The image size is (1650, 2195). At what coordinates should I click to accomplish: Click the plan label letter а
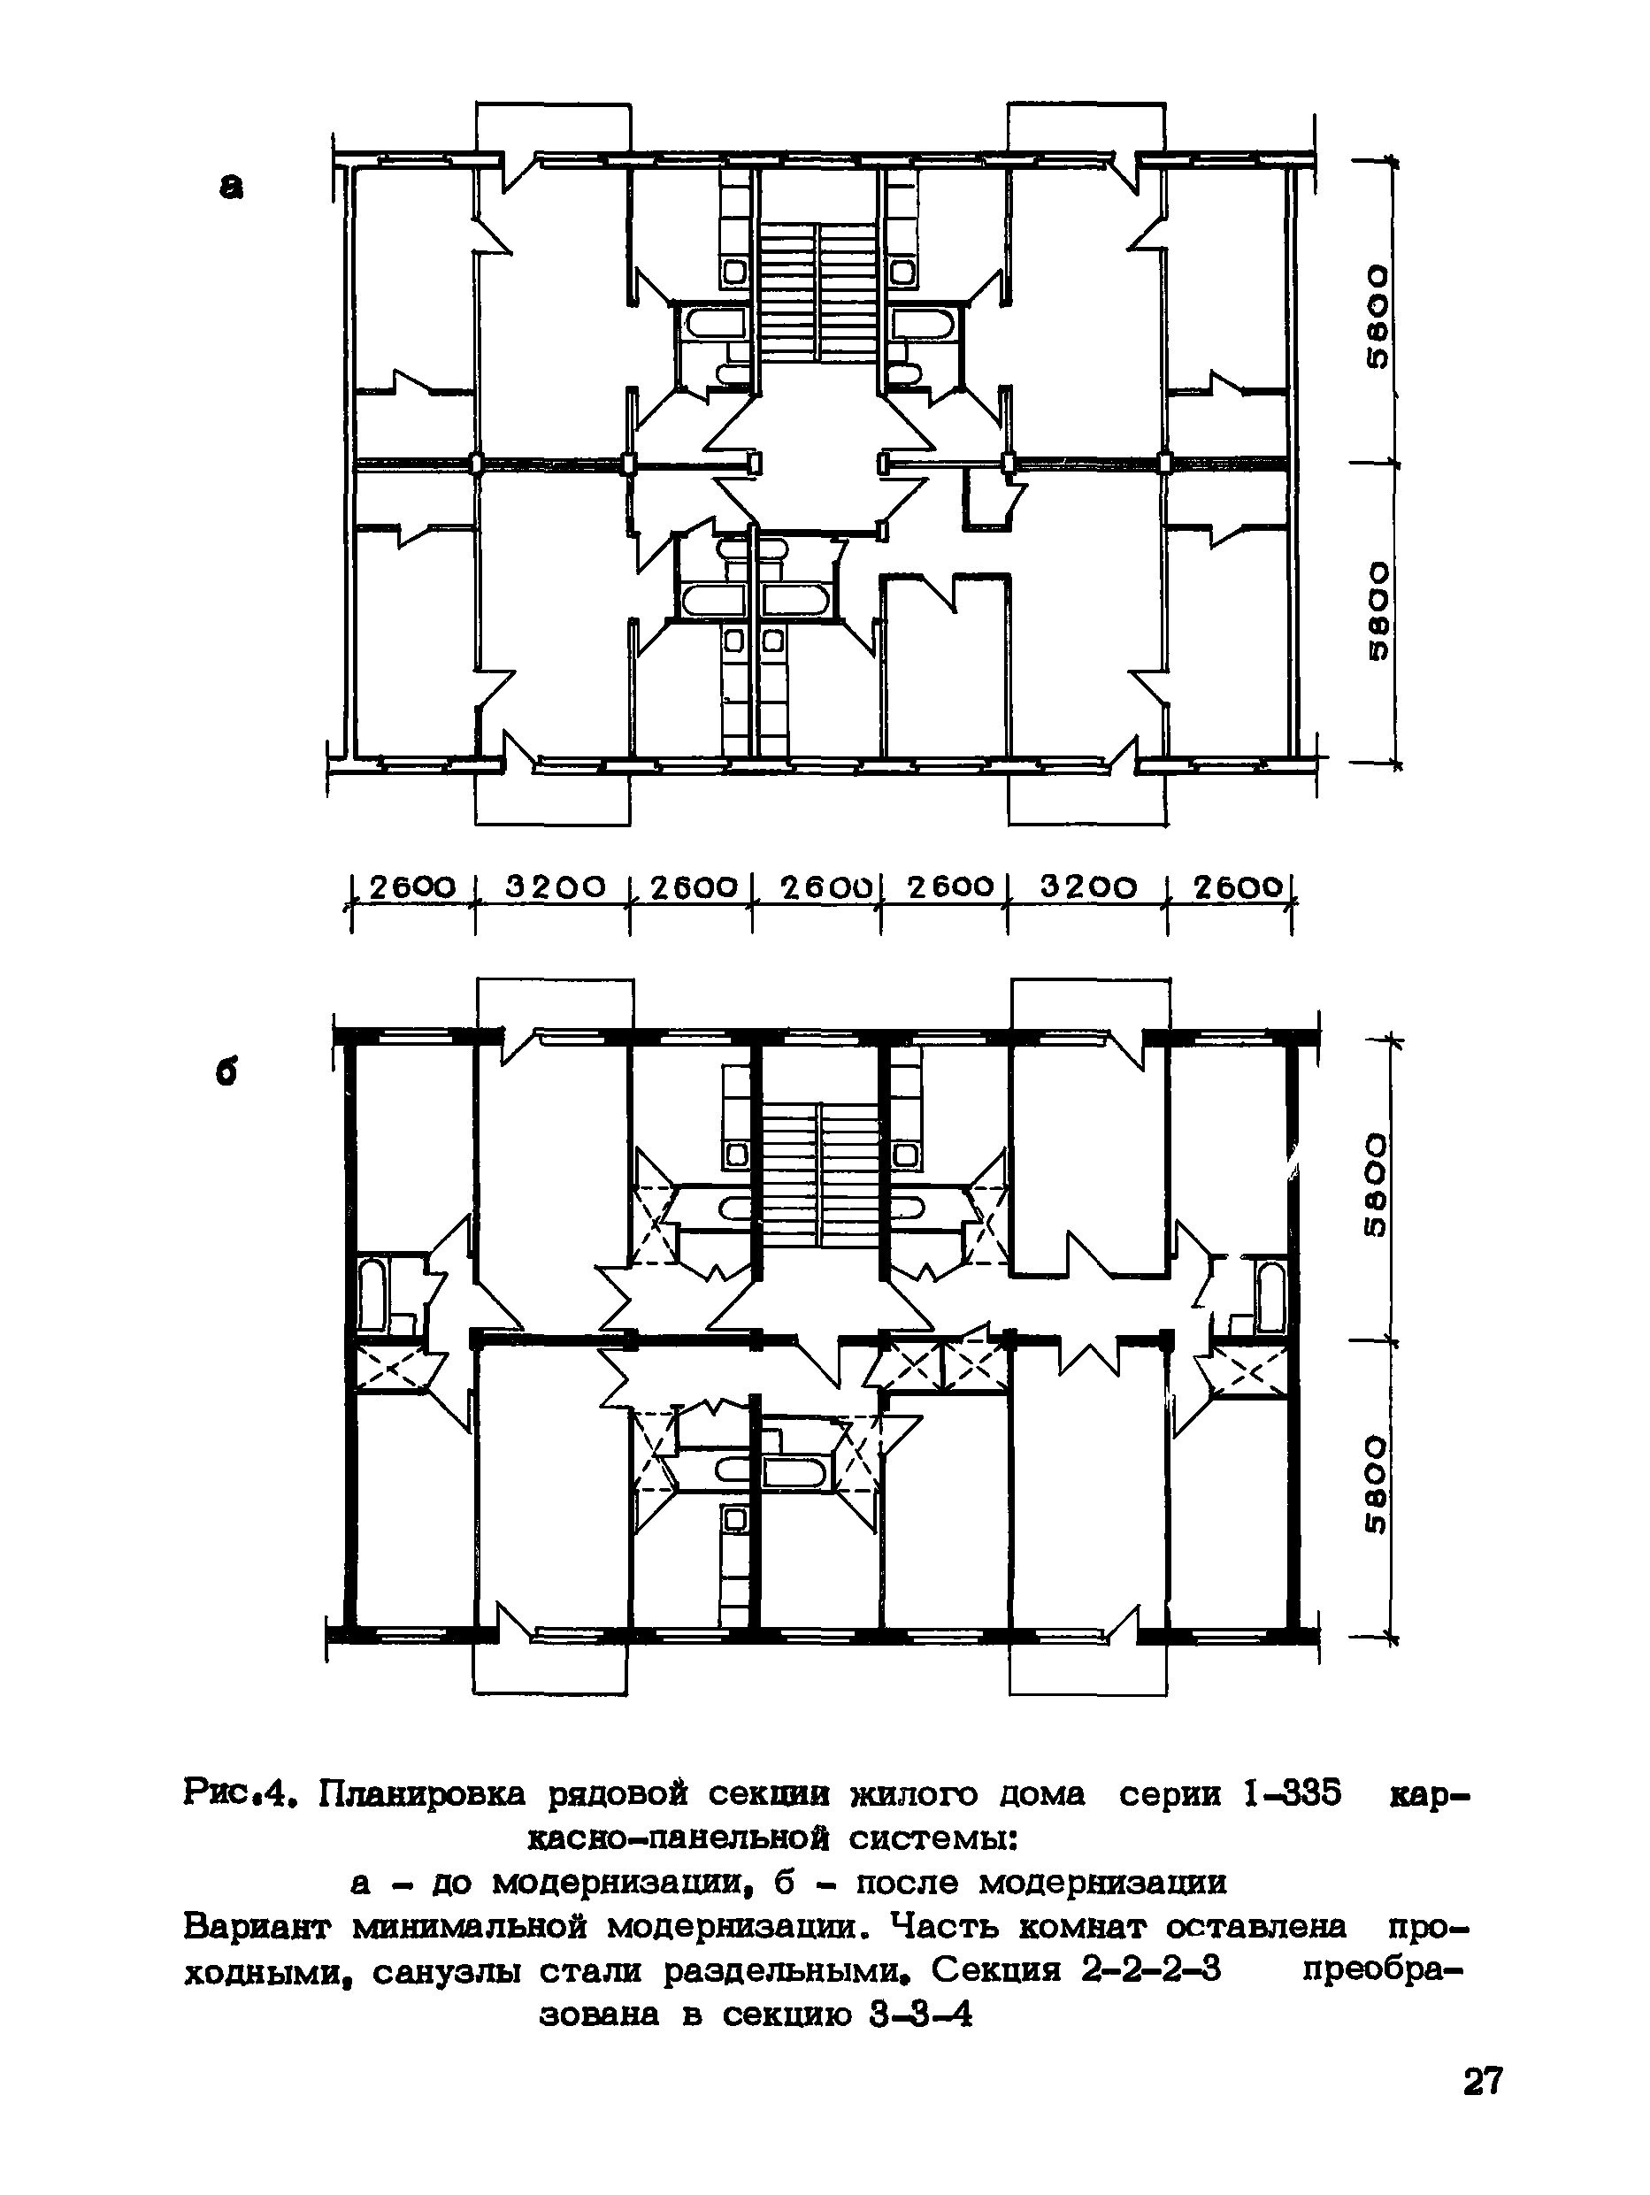(230, 187)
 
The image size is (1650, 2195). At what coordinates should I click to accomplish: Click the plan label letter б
(228, 1075)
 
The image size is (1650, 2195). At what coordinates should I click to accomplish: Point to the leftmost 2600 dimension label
(411, 886)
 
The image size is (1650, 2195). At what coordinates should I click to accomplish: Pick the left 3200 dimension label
(554, 886)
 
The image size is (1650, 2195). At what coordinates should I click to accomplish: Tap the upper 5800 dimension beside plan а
(1378, 316)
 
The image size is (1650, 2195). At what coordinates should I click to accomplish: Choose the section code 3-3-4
(921, 2015)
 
